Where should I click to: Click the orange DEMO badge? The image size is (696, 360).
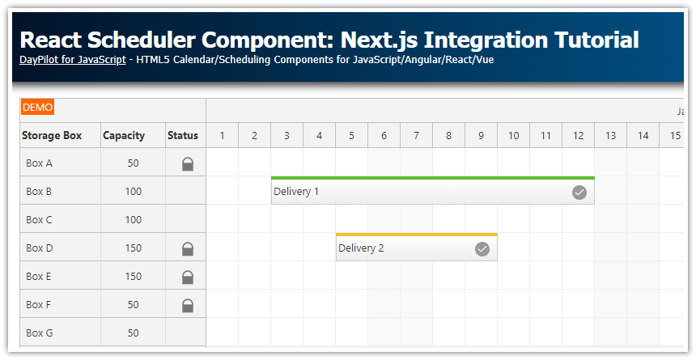tap(38, 107)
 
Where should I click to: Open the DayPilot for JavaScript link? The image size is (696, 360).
tap(72, 59)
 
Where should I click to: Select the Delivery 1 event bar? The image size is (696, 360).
tap(421, 192)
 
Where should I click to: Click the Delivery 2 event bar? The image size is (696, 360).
tap(405, 248)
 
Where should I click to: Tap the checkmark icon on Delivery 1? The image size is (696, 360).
tap(579, 192)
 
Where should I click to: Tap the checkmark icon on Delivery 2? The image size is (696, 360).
tap(482, 248)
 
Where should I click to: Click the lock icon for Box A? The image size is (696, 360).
tap(187, 163)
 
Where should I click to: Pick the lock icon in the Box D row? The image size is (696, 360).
tap(187, 248)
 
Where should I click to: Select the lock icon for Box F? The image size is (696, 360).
tap(187, 305)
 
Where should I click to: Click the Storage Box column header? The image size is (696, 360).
tap(52, 135)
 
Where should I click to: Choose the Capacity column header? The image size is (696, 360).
tap(124, 135)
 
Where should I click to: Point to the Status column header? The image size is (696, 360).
tap(183, 135)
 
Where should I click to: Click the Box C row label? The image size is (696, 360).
tap(39, 220)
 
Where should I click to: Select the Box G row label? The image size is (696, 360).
tap(39, 333)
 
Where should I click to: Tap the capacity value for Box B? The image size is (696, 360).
tap(133, 192)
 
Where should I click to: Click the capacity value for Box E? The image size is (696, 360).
tap(133, 277)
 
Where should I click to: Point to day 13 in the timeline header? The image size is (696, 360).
tap(610, 135)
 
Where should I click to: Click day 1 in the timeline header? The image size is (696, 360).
tap(222, 135)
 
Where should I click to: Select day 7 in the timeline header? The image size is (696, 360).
tap(416, 135)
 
